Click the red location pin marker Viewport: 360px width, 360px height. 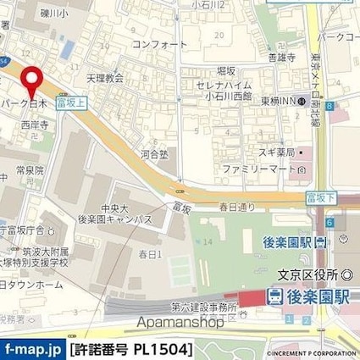[33, 80]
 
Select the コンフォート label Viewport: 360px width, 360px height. [153, 44]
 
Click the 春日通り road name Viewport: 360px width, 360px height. [237, 206]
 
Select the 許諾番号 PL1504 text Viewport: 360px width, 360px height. [130, 348]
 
